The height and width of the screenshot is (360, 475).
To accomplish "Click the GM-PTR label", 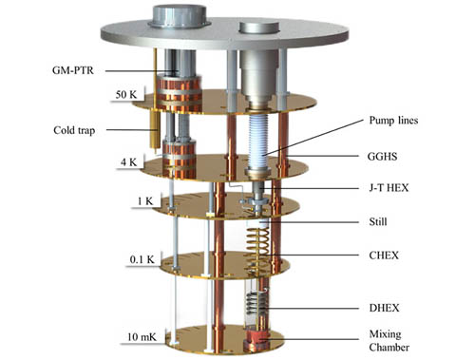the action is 73,70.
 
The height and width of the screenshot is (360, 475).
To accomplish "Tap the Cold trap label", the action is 74,130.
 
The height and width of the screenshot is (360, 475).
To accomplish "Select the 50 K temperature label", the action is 126,94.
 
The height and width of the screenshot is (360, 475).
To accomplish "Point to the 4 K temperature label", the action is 128,162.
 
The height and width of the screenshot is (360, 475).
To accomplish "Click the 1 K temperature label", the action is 145,201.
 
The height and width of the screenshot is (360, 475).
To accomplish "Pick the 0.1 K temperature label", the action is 142,259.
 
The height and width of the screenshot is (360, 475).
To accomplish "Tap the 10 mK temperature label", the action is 142,336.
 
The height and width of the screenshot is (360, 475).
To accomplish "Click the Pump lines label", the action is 393,121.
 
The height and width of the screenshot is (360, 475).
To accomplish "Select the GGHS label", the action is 382,157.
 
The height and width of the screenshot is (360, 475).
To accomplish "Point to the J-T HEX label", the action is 389,188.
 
